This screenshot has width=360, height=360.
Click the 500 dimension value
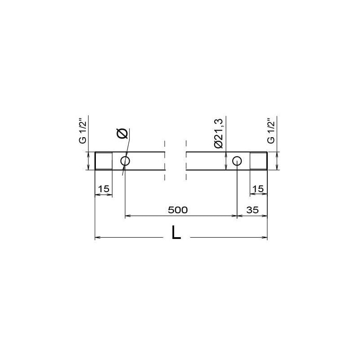[x=178, y=210]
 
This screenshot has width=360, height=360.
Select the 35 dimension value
[x=252, y=210]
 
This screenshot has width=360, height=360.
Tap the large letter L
[x=176, y=232]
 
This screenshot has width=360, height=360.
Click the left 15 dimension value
[x=103, y=189]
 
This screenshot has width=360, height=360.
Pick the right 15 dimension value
[x=258, y=189]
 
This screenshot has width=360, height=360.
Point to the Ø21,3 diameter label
[x=218, y=133]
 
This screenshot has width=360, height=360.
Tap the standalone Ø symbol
[x=122, y=133]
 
